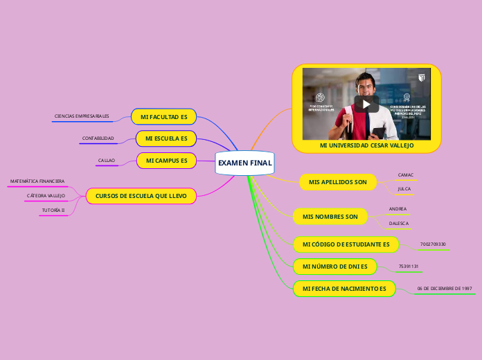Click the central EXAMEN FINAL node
point(244,163)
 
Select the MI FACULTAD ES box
point(163,117)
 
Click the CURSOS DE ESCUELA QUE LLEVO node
point(141,196)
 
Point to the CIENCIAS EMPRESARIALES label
point(82,116)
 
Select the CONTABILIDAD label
point(98,138)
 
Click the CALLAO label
point(106,161)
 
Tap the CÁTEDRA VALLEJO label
point(46,196)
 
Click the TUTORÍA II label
point(53,210)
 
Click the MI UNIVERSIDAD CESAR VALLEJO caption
point(366,146)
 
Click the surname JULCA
point(404,188)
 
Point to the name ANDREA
point(398,208)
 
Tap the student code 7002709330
point(433,244)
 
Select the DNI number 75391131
point(409,267)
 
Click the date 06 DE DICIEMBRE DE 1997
point(444,288)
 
